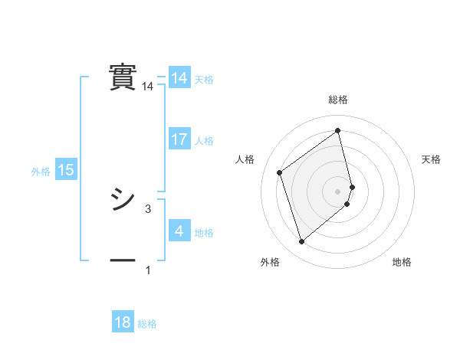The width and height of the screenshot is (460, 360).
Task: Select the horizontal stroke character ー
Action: pos(123,260)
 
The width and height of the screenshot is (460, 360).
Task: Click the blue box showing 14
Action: pos(179,78)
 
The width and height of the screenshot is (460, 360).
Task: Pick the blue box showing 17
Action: pos(179,139)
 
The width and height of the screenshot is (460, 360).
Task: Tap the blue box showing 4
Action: pos(179,231)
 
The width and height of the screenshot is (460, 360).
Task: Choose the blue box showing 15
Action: pos(66,170)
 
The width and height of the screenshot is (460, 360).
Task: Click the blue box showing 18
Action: pos(123,322)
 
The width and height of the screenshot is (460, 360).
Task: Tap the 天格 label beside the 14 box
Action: pos(204,80)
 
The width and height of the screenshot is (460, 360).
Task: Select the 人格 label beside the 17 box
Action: pos(204,141)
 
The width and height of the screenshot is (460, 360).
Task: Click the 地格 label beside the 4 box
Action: pos(204,233)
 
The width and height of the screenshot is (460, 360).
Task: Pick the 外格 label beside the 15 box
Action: pos(41,172)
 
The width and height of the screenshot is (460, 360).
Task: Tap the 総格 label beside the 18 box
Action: pos(147,324)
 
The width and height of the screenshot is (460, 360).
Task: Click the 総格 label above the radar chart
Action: pos(338,100)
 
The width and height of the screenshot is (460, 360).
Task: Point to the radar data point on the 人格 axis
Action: pos(280,173)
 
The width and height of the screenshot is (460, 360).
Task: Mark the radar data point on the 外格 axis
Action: pos(301,242)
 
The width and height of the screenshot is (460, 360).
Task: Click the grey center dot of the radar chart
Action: pos(338,191)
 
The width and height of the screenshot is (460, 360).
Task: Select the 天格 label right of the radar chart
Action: pos(432,159)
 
